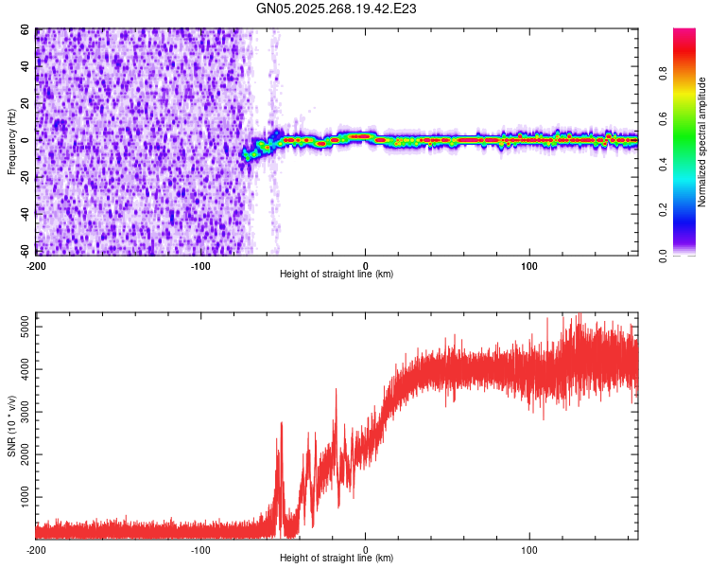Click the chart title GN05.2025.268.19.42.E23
coord(337,9)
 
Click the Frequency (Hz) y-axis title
coord(11,141)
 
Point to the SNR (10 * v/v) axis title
coord(11,425)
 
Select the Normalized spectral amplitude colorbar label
coord(702,142)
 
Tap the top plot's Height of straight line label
coord(337,274)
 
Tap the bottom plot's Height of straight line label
coord(337,558)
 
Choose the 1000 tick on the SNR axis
coord(21,496)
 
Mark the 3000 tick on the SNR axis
coord(21,412)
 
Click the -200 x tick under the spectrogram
coord(36,264)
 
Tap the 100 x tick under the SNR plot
coord(529,548)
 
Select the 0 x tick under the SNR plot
coord(366,548)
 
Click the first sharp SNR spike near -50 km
coord(281,425)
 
